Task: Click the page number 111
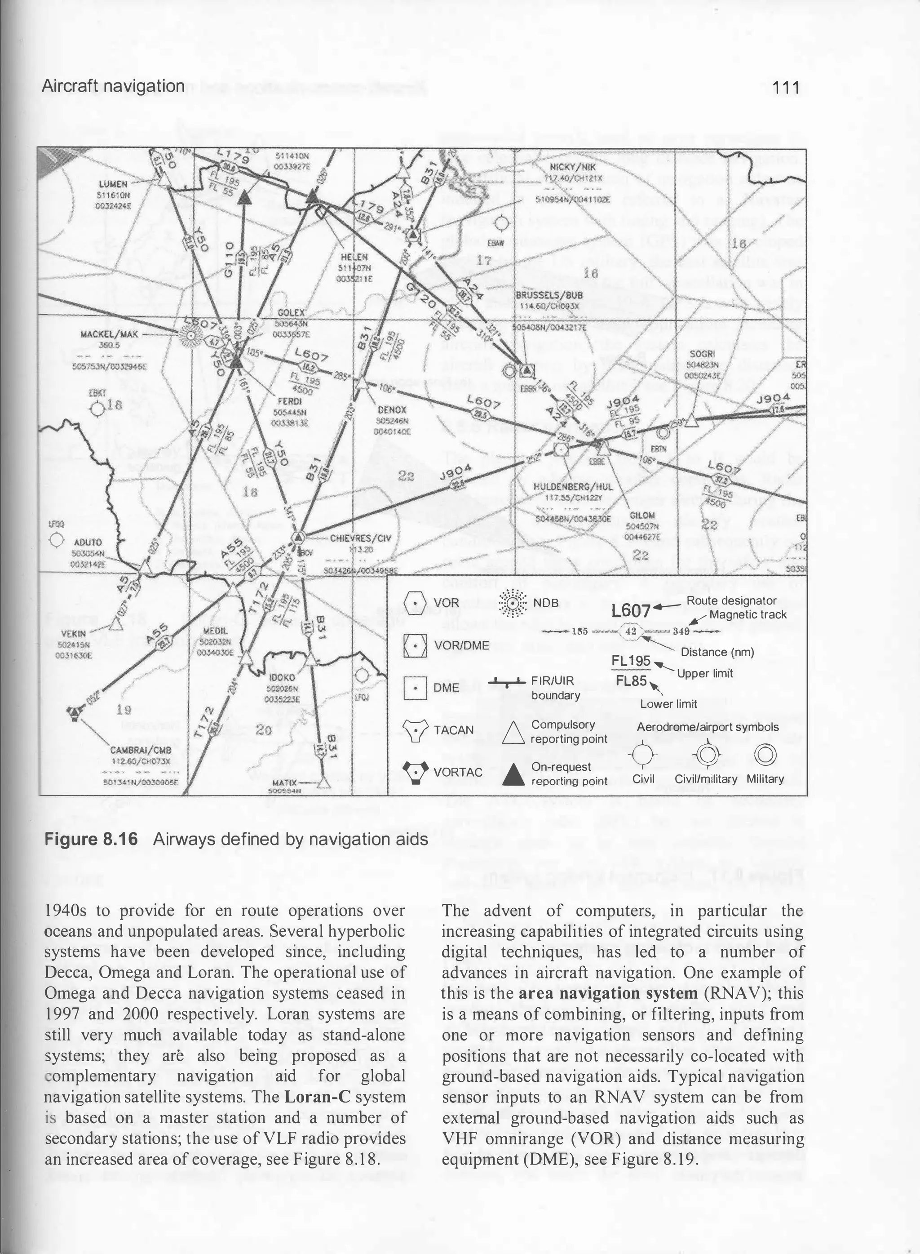[786, 88]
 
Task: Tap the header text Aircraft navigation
[113, 86]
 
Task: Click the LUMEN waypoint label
[113, 184]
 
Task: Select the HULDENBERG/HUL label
[572, 486]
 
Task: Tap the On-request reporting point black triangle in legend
[514, 774]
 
